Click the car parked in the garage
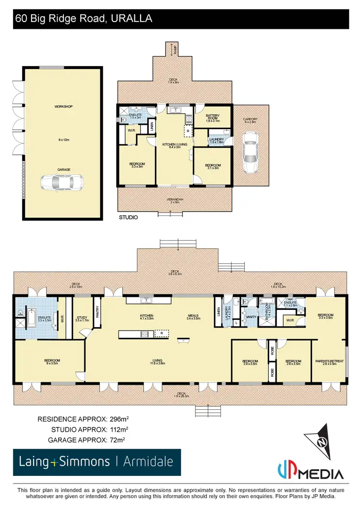click(x=62, y=182)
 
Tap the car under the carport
click(x=250, y=153)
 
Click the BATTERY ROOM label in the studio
click(x=212, y=117)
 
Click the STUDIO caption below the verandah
click(x=128, y=217)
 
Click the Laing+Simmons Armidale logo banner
click(x=97, y=462)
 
